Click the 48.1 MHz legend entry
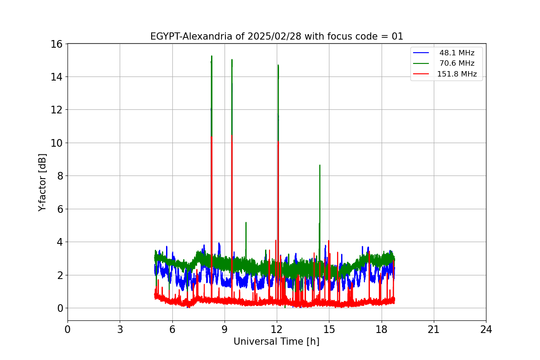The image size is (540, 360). (457, 53)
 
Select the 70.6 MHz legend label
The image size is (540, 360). (457, 63)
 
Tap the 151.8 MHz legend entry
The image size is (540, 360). (457, 74)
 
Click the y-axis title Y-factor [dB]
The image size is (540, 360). (42, 182)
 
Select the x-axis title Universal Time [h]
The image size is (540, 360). (276, 342)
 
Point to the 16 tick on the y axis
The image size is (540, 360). (56, 44)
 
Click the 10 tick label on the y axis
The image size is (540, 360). (56, 143)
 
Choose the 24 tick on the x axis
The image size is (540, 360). (486, 329)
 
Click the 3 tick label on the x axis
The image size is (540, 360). (120, 329)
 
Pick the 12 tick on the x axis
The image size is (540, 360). (277, 329)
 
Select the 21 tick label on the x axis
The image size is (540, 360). (433, 329)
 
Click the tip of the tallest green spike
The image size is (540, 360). (211, 56)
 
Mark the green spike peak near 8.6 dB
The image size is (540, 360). (319, 165)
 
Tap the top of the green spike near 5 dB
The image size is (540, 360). (246, 222)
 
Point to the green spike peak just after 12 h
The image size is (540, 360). (278, 65)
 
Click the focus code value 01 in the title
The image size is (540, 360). (397, 36)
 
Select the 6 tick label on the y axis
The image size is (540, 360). (59, 209)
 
